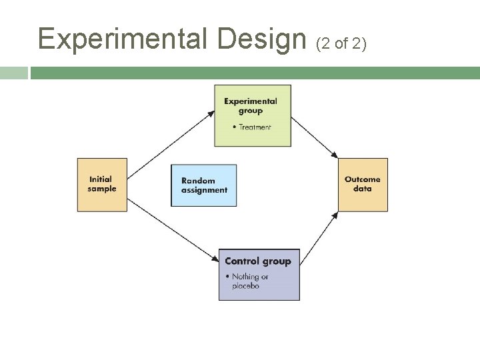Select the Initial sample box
click(102, 185)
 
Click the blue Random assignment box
click(204, 185)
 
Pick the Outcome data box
click(363, 185)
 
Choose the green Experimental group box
click(252, 115)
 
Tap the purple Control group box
click(259, 274)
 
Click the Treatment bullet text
click(254, 127)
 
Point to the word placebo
click(245, 286)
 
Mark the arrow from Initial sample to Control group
click(173, 230)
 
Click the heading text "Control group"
click(258, 261)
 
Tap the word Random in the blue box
click(198, 181)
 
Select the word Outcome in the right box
click(363, 179)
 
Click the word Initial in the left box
click(101, 179)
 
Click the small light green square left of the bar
click(14, 73)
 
